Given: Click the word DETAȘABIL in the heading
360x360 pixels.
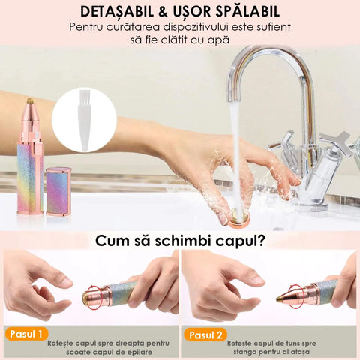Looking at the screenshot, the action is tap(117, 11).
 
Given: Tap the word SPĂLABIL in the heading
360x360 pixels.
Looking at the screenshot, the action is tap(248, 11).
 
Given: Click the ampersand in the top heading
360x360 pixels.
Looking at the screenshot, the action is tap(163, 12).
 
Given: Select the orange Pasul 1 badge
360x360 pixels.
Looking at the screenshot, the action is tap(26, 334).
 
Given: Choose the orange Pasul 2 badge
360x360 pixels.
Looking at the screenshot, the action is tap(205, 334).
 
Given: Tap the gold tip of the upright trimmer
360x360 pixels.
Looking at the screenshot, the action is tap(30, 100).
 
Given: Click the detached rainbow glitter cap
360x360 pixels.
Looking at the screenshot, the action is tap(58, 191).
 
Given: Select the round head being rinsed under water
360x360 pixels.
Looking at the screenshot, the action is tap(239, 219).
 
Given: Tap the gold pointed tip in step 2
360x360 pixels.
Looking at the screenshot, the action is tap(280, 298).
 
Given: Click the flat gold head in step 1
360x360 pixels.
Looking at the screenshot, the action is tap(85, 297).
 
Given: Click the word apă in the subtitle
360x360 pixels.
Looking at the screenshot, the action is tap(220, 40).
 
